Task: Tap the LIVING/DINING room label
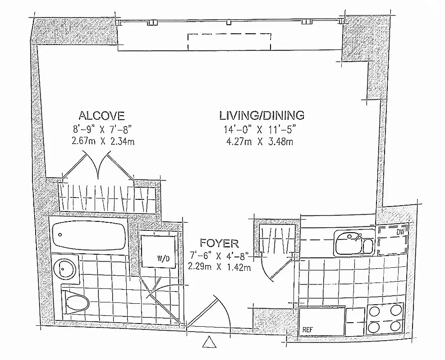click(261, 115)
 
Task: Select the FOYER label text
click(220, 244)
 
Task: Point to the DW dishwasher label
click(399, 233)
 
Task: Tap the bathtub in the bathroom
click(87, 235)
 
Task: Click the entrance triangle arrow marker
click(209, 343)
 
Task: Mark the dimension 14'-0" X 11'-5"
click(261, 130)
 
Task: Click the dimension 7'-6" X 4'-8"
click(220, 258)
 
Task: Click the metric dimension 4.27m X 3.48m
click(261, 143)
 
